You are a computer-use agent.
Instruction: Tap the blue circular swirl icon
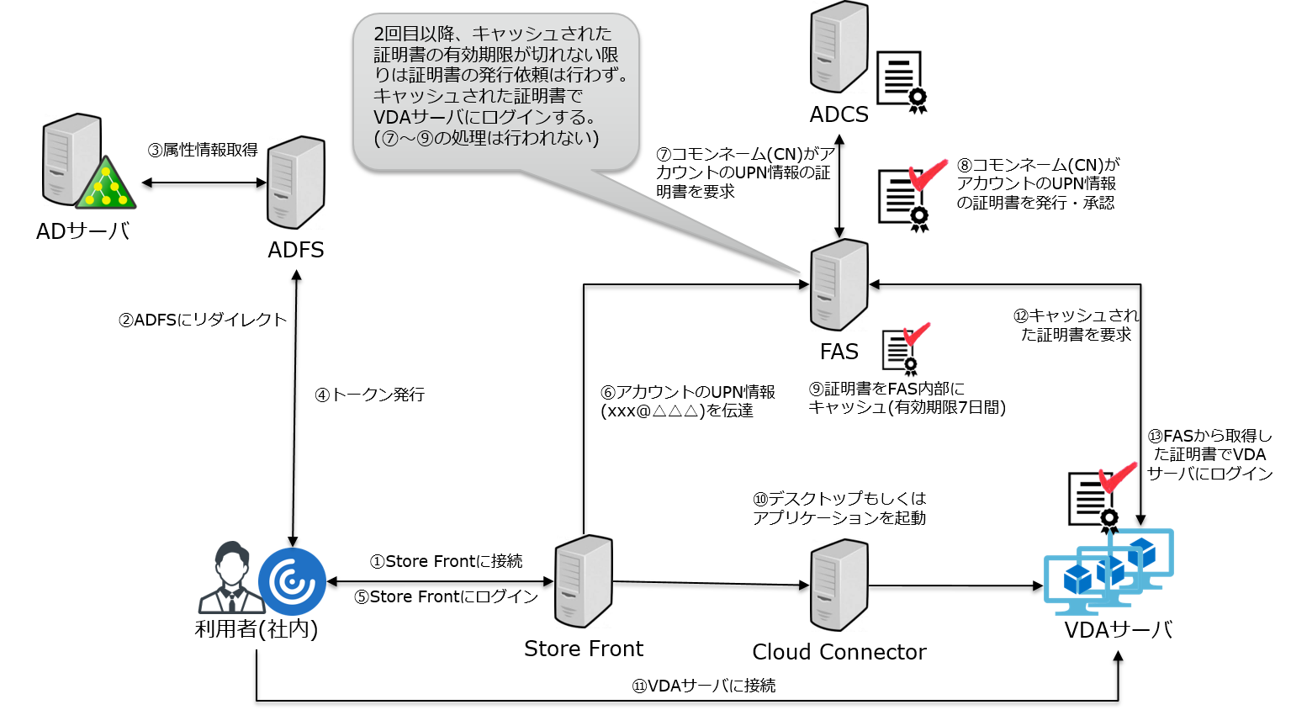tap(292, 581)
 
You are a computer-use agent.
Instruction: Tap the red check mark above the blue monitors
tap(1119, 476)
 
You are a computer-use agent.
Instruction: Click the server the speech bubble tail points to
tap(839, 284)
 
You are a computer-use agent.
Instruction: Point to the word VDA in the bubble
tap(391, 117)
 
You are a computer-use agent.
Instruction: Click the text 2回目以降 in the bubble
tap(417, 34)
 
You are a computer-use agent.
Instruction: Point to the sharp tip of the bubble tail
tap(799, 272)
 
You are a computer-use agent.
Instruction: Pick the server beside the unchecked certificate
tap(839, 47)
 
